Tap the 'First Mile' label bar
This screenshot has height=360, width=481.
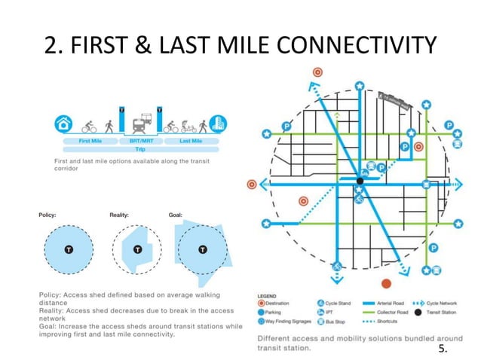coord(90,141)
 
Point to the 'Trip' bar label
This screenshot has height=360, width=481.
coord(140,149)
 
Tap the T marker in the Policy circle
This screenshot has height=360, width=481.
coord(67,251)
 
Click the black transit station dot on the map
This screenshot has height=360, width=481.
coord(360,181)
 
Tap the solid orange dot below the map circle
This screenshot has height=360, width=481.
coord(387,283)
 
